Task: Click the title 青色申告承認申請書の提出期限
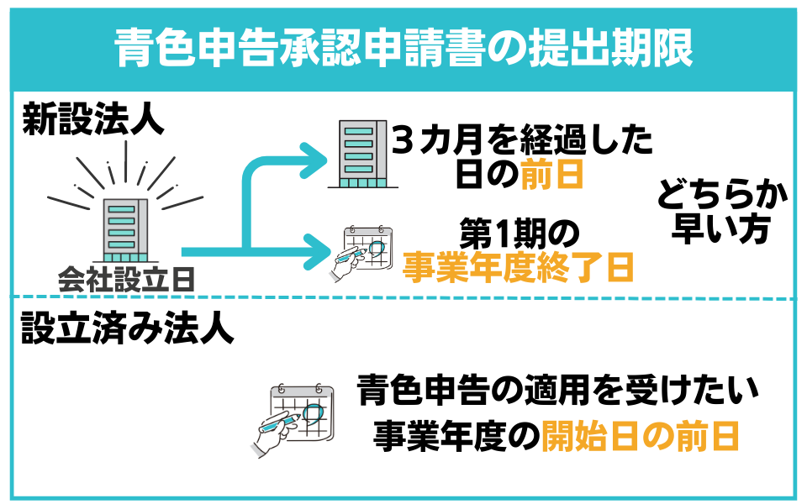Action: (x=403, y=49)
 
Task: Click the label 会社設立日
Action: (x=126, y=279)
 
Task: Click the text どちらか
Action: (x=723, y=198)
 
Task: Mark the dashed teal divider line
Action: (x=403, y=298)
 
